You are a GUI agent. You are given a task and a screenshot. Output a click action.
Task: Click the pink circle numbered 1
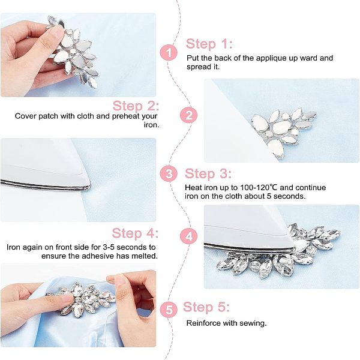[x=169, y=52]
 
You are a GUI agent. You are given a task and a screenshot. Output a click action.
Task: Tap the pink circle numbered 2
[x=189, y=115]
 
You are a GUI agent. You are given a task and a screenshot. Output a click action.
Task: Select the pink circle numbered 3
[x=169, y=174]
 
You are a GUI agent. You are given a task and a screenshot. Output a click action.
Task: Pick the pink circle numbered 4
[x=189, y=236]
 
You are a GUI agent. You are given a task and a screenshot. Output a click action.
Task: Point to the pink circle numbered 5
[x=169, y=310]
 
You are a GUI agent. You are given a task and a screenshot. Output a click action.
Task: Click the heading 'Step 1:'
[x=209, y=44]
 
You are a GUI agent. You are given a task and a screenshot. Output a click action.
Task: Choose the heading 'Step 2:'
[x=136, y=106]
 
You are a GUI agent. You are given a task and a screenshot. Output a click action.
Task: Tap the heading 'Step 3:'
[x=208, y=173]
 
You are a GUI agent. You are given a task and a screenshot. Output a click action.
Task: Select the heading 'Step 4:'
[x=135, y=233]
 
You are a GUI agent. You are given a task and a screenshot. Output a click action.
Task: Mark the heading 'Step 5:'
[x=206, y=307]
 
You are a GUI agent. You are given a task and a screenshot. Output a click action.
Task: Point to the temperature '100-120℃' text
[x=259, y=188]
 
